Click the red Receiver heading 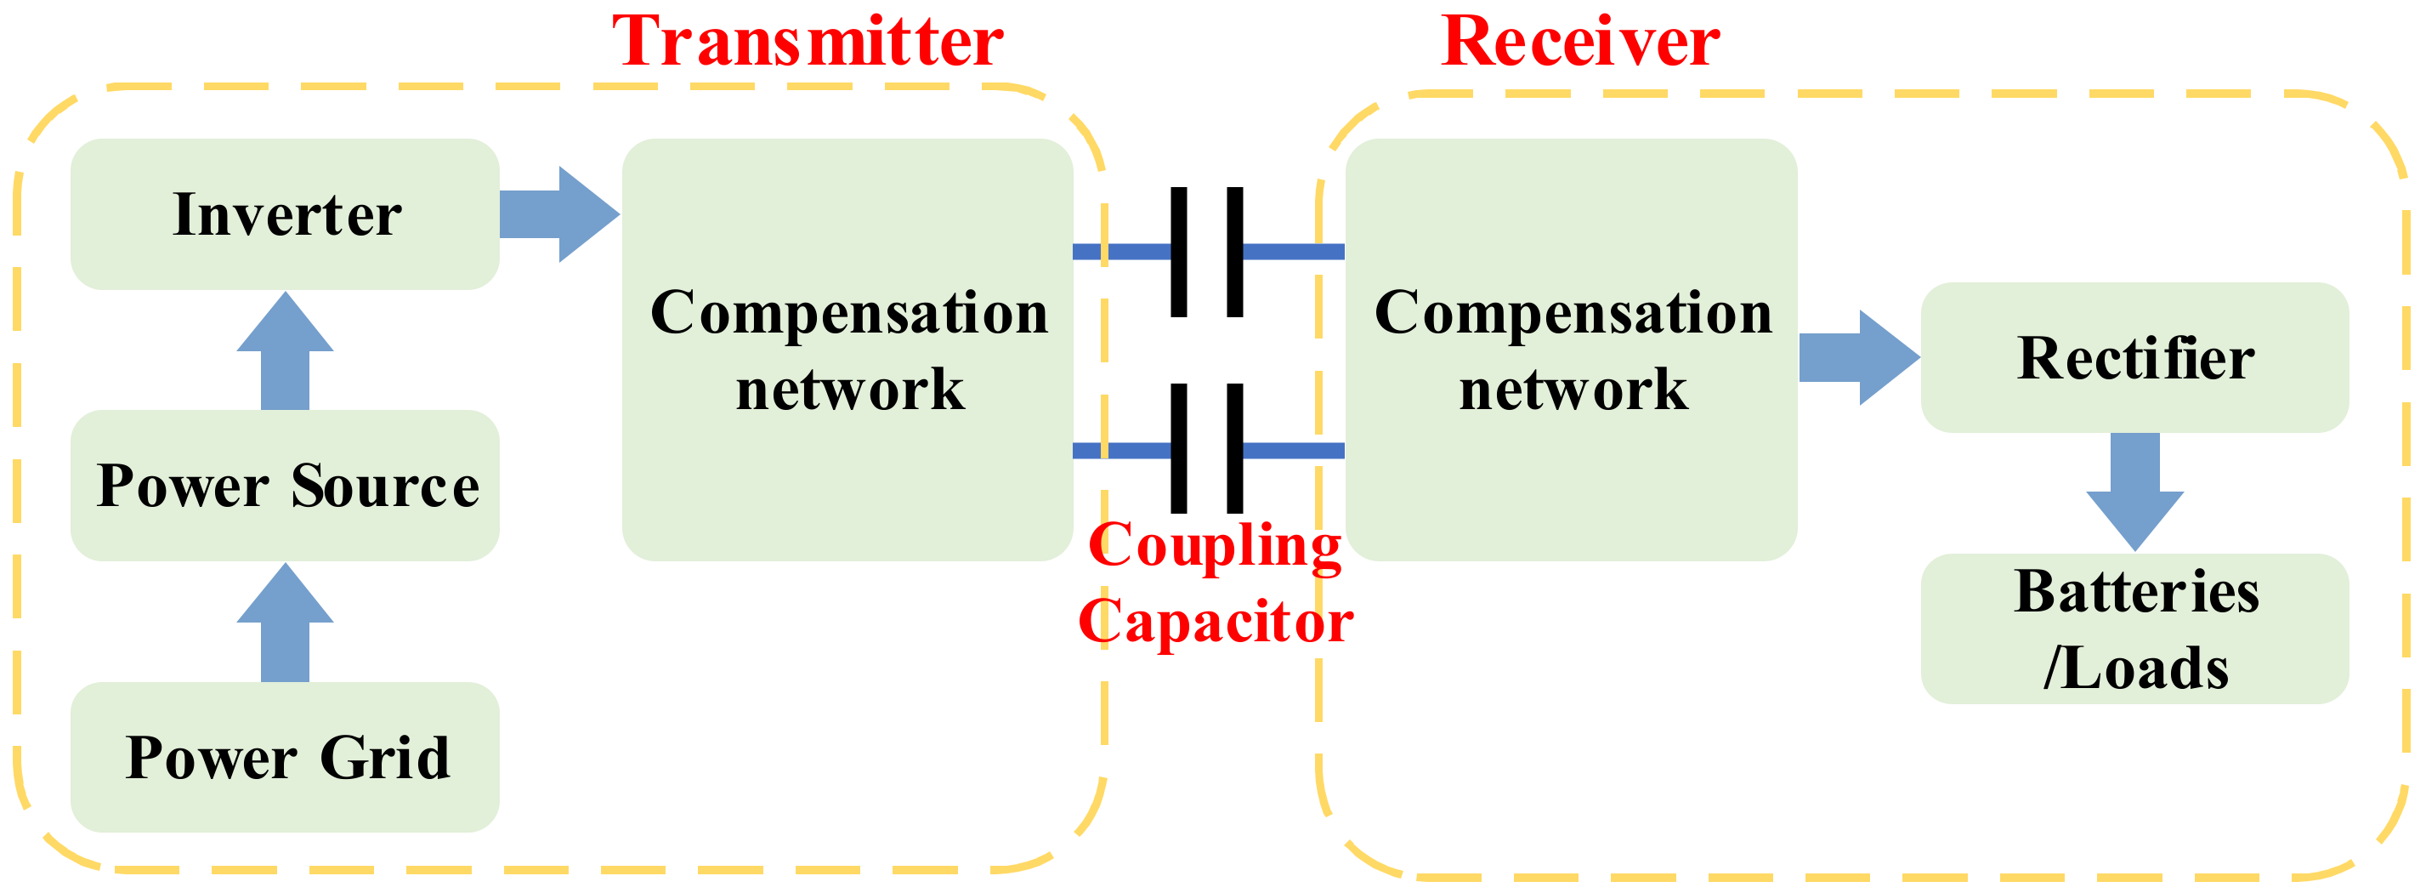1580,43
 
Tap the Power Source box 286,486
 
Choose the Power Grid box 286,758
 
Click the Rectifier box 2135,358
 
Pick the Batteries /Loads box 2135,629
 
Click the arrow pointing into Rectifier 1858,358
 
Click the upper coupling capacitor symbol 1206,252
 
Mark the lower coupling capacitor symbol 1206,449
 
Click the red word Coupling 1215,546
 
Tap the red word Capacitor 1215,622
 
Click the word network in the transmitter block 849,389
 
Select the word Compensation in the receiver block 1573,313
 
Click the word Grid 384,758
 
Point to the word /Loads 2135,668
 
